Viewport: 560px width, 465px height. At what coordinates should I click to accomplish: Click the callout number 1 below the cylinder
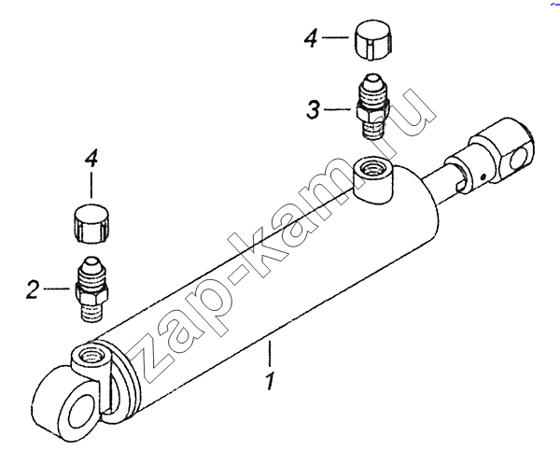(270, 381)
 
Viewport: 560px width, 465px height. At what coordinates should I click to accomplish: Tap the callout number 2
(33, 289)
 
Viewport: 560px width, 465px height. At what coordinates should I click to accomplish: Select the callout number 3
(314, 109)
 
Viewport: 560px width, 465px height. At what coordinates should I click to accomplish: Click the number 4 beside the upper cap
(311, 38)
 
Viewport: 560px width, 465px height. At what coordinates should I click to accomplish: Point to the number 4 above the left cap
(91, 160)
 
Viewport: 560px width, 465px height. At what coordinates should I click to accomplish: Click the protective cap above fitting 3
(374, 41)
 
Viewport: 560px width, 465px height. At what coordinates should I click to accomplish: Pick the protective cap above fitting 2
(91, 224)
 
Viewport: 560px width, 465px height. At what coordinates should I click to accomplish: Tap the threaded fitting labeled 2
(91, 289)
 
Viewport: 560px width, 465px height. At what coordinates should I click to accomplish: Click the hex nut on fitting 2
(91, 291)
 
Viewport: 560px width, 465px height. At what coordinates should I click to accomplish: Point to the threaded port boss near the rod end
(372, 179)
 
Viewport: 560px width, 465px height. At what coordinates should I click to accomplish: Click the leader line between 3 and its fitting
(337, 109)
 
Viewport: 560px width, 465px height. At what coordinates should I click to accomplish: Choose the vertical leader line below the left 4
(91, 185)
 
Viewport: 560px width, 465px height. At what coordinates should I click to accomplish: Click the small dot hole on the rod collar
(483, 176)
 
